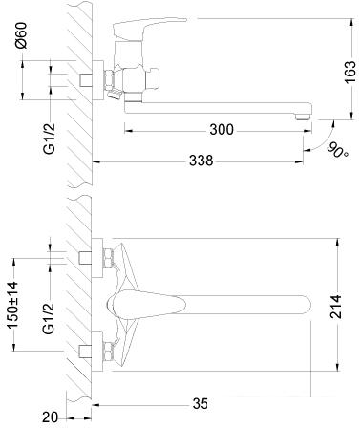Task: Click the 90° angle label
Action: point(336,150)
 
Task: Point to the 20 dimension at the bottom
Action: point(51,417)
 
